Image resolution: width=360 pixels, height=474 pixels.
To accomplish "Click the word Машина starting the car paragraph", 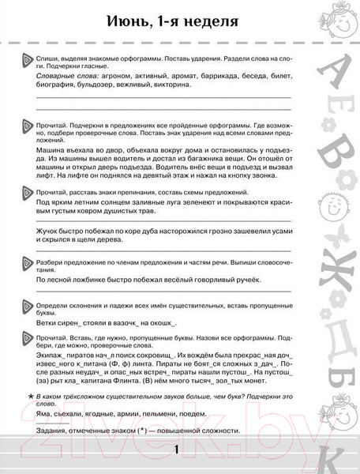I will pos(53,150).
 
